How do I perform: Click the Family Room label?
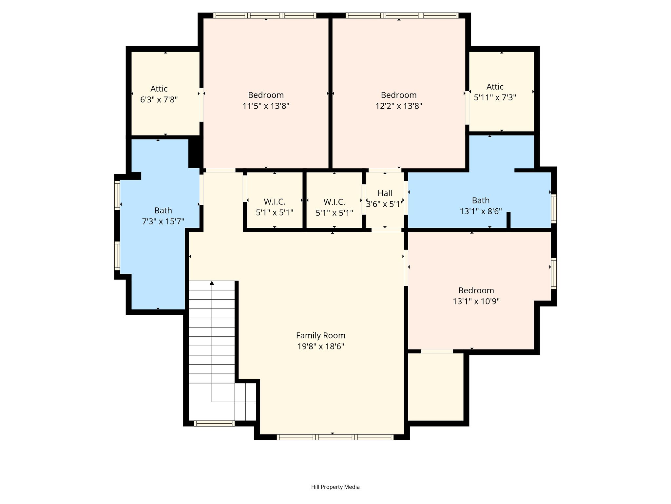click(321, 335)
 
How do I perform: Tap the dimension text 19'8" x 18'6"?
click(321, 346)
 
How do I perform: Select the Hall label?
click(385, 193)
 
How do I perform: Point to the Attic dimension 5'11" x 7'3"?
click(495, 97)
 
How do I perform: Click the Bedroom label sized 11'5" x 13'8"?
click(266, 95)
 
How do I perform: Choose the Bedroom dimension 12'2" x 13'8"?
click(399, 106)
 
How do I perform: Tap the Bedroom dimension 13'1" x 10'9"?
click(476, 301)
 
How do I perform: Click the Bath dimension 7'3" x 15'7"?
click(163, 221)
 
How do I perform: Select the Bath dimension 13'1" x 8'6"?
click(481, 211)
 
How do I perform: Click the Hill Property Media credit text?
click(335, 487)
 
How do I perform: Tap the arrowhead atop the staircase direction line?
click(212, 283)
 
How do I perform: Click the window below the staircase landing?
click(214, 423)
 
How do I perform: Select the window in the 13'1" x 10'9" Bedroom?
click(554, 274)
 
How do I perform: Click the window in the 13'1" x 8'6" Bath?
click(554, 209)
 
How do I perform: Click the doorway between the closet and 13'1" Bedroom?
click(437, 351)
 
